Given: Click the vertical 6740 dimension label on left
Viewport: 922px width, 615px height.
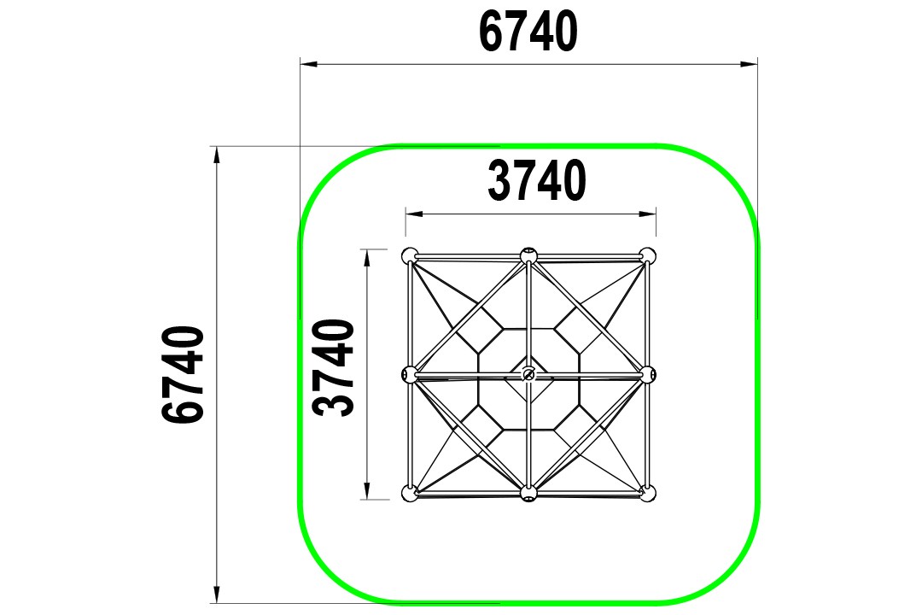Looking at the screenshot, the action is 183,374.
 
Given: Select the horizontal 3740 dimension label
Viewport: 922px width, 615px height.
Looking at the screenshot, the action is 537,180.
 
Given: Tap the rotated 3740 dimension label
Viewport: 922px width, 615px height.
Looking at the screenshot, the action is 334,367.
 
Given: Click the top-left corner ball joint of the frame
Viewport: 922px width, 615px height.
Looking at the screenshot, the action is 410,256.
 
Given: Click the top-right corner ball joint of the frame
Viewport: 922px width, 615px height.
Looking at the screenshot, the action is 647,255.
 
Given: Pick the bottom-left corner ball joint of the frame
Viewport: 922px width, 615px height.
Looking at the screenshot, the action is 410,493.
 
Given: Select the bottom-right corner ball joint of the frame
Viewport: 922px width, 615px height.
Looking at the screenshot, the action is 647,493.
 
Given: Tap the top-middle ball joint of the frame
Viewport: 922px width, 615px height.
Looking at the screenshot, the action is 528,255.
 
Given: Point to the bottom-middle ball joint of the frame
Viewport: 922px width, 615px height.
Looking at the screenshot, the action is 528,494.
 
